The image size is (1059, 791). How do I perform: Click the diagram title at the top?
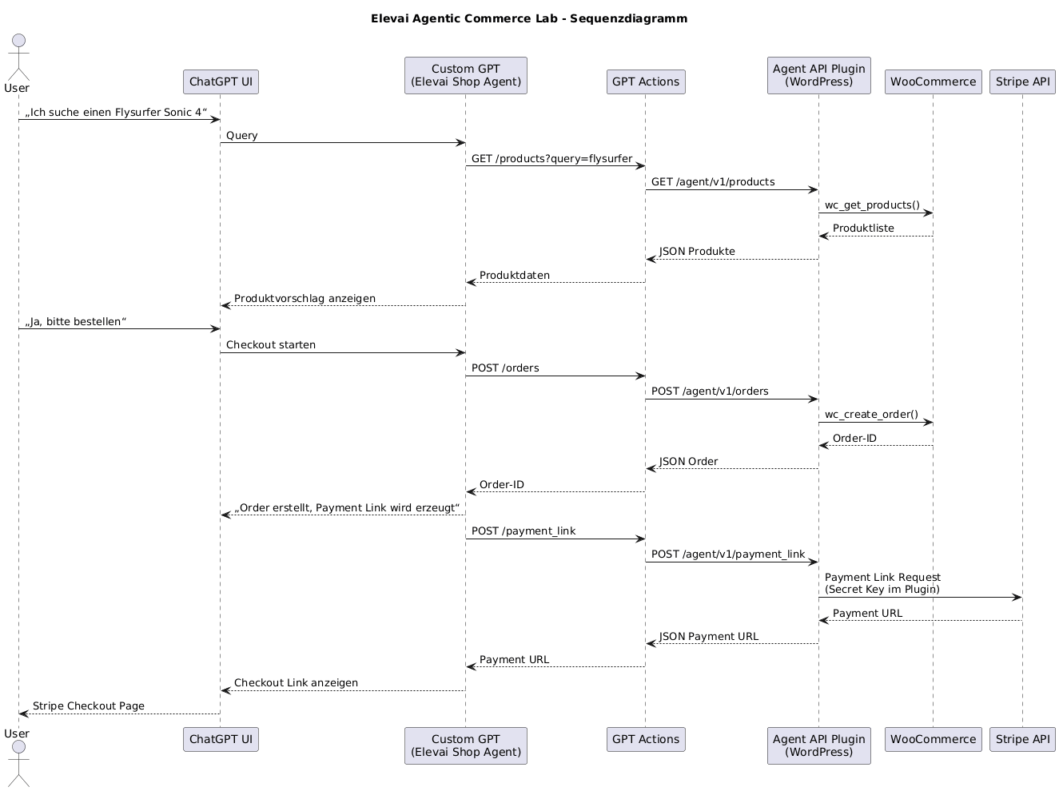(529, 18)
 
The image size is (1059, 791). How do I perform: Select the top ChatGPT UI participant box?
(221, 81)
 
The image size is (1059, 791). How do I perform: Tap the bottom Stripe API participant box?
(1022, 739)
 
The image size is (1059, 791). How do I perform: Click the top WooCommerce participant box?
(933, 81)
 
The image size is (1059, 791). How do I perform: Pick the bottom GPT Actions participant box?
(645, 739)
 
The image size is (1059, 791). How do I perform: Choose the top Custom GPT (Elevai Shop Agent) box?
(465, 75)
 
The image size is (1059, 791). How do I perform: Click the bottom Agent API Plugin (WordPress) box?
(818, 745)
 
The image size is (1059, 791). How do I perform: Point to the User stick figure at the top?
(18, 56)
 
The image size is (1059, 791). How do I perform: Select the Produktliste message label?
(863, 229)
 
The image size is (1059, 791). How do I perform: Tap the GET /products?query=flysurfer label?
(551, 158)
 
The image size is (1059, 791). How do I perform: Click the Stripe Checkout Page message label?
(89, 706)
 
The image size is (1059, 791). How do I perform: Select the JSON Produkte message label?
(697, 252)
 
